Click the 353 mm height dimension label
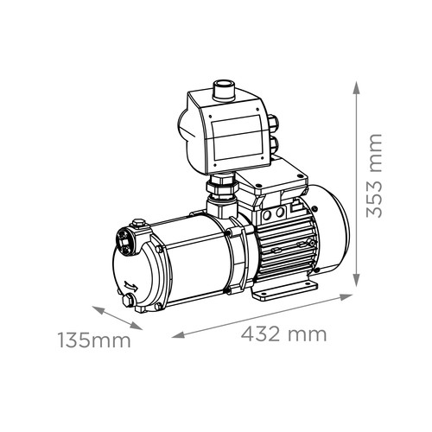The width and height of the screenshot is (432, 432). (374, 175)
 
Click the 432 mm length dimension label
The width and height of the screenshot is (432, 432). (283, 334)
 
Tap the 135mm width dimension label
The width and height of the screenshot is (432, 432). (95, 340)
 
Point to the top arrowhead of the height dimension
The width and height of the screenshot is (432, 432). (357, 87)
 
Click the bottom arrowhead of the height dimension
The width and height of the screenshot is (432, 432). (357, 280)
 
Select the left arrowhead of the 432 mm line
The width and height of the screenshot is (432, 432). (178, 334)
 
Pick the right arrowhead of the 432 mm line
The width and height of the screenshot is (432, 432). (346, 296)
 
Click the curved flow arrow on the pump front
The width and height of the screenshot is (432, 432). (131, 286)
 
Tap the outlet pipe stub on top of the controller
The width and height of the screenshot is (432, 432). (224, 91)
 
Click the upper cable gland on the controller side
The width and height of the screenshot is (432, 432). (273, 122)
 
